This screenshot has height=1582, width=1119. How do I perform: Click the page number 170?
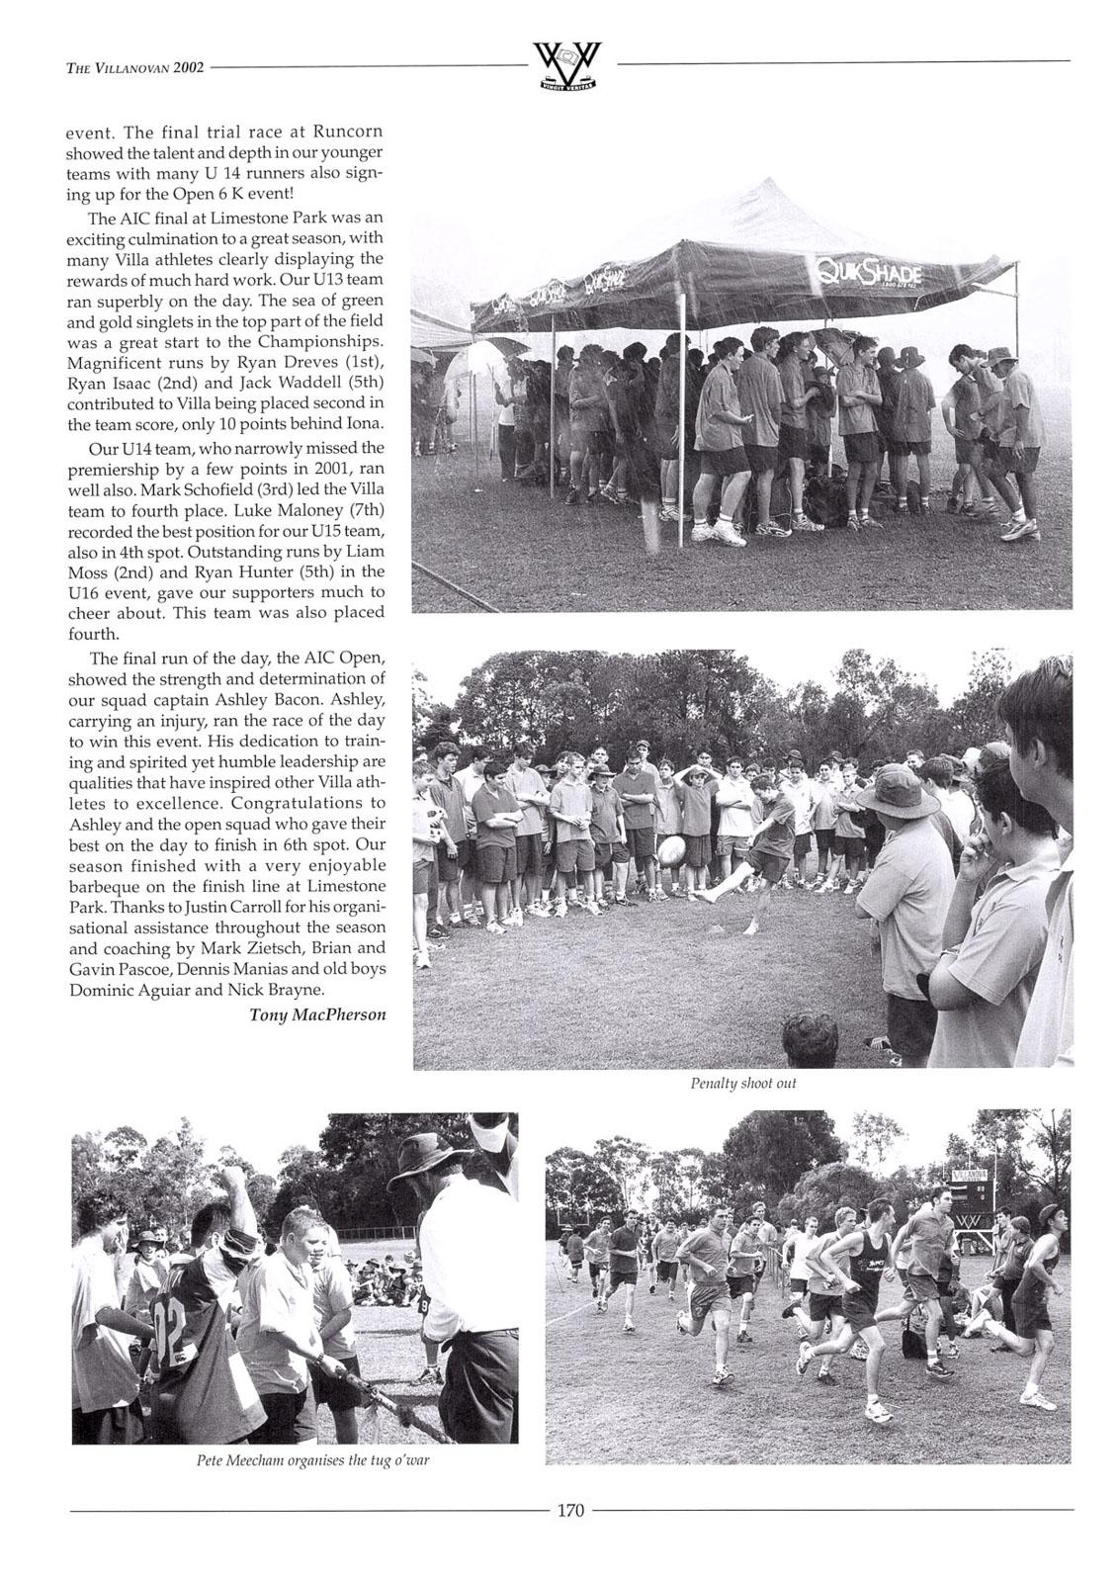(571, 1510)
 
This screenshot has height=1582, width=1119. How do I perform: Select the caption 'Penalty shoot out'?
(742, 1083)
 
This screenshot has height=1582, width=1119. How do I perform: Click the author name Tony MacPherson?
(317, 1014)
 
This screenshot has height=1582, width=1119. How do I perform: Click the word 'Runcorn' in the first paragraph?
(347, 132)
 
